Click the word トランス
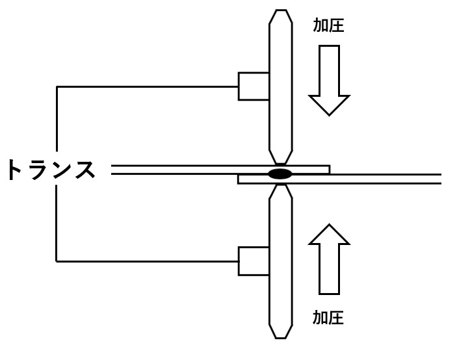coord(51,170)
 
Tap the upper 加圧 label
coord(328,25)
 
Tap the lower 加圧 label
coord(328,318)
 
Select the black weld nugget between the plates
coord(280,174)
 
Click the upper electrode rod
coord(280,84)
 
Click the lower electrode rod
coord(280,260)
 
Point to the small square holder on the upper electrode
coord(254,86)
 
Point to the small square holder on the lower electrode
coord(254,261)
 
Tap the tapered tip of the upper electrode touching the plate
coord(280,158)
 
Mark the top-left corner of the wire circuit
coord(57,86)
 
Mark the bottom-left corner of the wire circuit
coord(57,261)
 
